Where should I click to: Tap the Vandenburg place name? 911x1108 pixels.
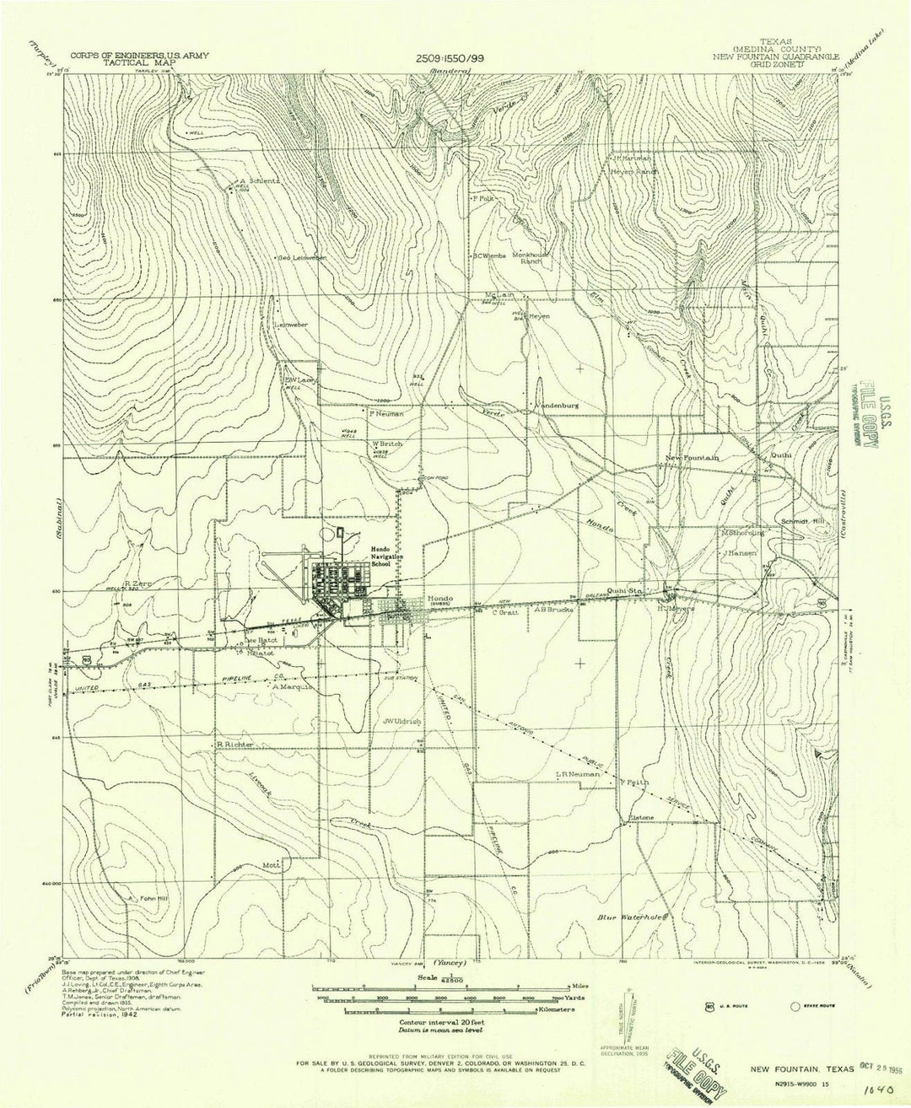[555, 406]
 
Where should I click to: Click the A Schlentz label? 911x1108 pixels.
[261, 180]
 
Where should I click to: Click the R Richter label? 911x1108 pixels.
[234, 745]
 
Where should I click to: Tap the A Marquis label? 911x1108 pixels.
[293, 686]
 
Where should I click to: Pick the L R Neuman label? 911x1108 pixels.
[578, 773]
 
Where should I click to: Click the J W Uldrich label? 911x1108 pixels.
[402, 722]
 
